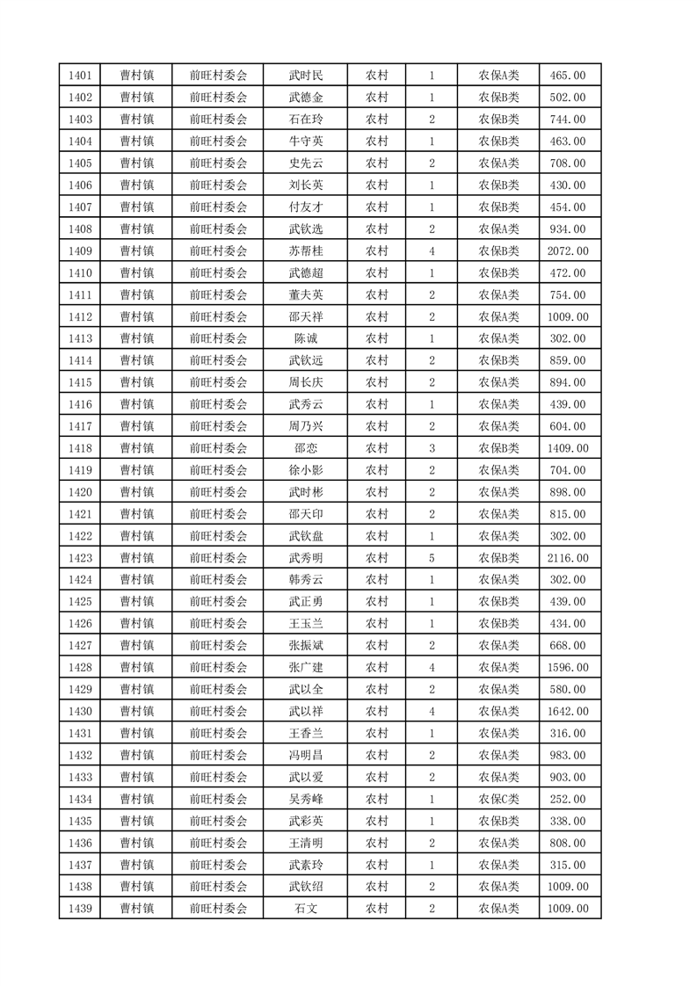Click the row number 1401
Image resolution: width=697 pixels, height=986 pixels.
coord(79,76)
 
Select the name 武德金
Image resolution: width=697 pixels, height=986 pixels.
coord(305,98)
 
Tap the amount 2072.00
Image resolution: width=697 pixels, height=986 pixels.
coord(568,251)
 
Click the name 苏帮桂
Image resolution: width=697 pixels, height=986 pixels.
coord(305,251)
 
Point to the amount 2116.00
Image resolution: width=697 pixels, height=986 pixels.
coord(568,558)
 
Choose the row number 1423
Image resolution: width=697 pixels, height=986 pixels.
coord(79,558)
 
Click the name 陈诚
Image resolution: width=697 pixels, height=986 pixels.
coord(305,339)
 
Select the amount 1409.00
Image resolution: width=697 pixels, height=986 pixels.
coord(568,448)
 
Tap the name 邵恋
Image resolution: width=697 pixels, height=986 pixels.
coord(305,448)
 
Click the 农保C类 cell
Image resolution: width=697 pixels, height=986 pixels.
coord(498,799)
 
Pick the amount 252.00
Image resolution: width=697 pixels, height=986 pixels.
coord(568,799)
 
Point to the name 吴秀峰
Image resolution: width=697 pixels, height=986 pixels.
coord(305,799)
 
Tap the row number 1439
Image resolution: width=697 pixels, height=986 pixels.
coord(79,909)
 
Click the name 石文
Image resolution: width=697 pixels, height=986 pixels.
coord(305,909)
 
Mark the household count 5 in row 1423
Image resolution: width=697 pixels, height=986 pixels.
coord(432,558)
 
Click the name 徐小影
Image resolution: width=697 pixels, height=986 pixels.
coord(305,470)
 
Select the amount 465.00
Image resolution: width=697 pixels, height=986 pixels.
coord(568,76)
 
